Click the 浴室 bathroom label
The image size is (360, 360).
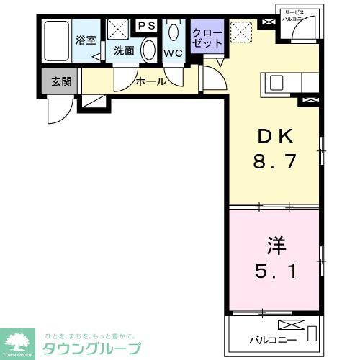click(x=86, y=40)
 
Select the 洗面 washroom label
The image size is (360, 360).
click(x=124, y=51)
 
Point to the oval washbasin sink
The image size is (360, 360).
click(x=148, y=50)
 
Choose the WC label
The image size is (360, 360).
click(x=173, y=53)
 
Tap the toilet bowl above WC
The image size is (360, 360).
click(x=174, y=32)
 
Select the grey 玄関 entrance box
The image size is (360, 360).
click(x=61, y=81)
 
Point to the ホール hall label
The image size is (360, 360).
click(x=152, y=81)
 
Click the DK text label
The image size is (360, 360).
click(x=274, y=137)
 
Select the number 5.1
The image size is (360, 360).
click(x=274, y=272)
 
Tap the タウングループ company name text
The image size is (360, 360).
click(x=91, y=348)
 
